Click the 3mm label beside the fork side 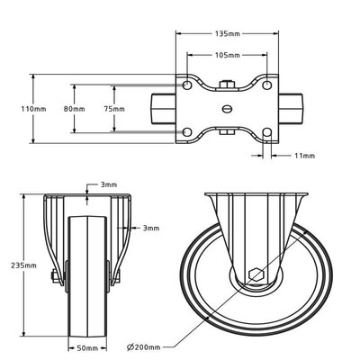pyautogui.click(x=152, y=229)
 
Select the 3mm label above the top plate pyautogui.click(x=109, y=184)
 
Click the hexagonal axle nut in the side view pyautogui.click(x=255, y=274)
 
